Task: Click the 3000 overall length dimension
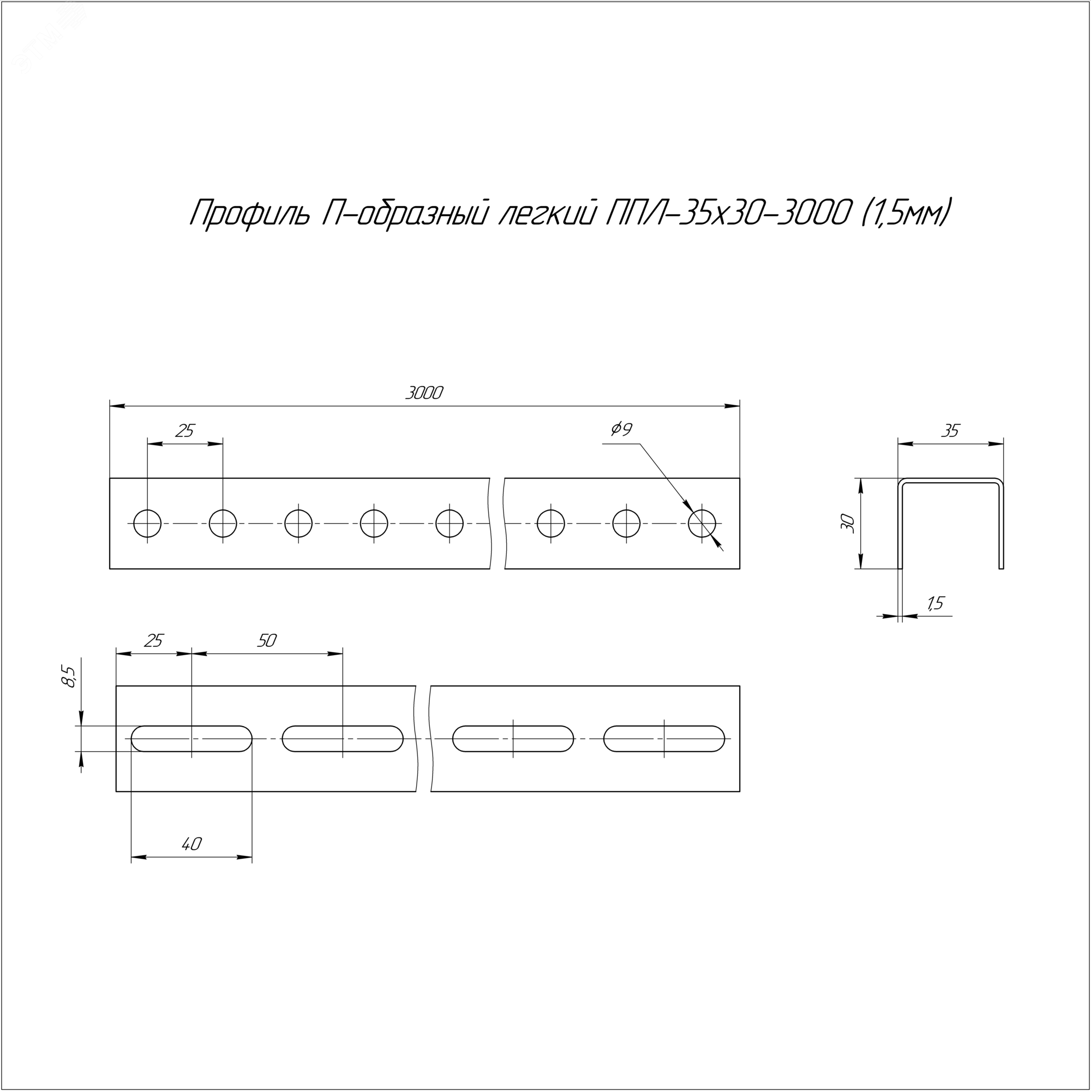coord(424,393)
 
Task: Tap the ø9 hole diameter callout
coord(621,430)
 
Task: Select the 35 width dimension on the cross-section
coord(950,431)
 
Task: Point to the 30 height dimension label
coord(848,524)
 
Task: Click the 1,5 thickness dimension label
coord(935,604)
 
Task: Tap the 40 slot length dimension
coord(191,844)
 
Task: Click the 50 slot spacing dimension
coord(267,641)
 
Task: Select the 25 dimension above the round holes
coord(185,431)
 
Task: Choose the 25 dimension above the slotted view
coord(154,641)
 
